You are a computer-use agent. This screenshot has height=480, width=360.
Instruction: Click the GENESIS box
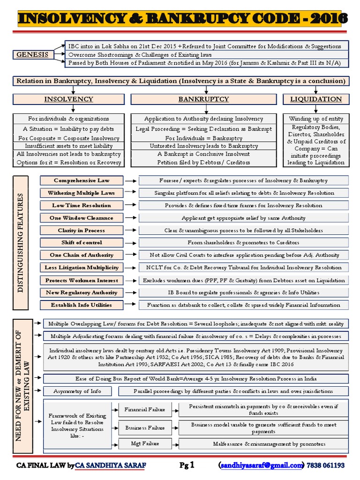pyautogui.click(x=32, y=54)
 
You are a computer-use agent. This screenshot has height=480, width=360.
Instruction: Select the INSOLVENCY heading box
pyautogui.click(x=68, y=99)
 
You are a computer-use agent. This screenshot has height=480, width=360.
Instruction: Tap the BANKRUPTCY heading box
pyautogui.click(x=203, y=99)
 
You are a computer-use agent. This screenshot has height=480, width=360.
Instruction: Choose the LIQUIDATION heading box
pyautogui.click(x=316, y=99)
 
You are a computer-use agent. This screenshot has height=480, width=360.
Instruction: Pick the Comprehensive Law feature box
pyautogui.click(x=82, y=180)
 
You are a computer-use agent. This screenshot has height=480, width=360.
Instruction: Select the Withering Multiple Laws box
pyautogui.click(x=82, y=193)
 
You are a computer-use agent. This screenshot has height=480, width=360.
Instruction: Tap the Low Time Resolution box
pyautogui.click(x=82, y=205)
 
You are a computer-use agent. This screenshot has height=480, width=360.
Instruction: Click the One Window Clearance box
pyautogui.click(x=82, y=218)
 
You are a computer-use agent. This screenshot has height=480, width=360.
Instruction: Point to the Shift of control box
pyautogui.click(x=82, y=243)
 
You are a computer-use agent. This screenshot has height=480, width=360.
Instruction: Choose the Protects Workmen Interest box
pyautogui.click(x=82, y=280)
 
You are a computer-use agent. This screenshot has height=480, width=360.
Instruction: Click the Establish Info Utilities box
pyautogui.click(x=82, y=305)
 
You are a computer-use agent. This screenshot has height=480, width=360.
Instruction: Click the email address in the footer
pyautogui.click(x=262, y=465)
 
